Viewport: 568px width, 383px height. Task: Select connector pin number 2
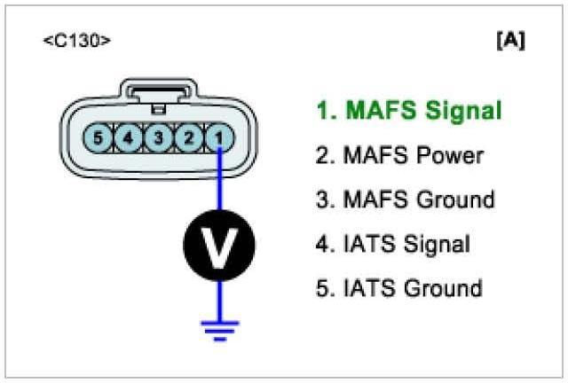[x=188, y=137]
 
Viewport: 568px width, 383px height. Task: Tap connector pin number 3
[x=158, y=137]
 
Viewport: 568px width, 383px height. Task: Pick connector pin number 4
[x=128, y=137]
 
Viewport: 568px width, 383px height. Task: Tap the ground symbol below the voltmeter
[x=218, y=331]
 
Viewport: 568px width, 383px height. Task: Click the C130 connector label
[x=77, y=42]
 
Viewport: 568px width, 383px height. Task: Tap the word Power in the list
[x=451, y=156]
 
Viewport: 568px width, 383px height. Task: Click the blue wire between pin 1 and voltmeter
[x=218, y=182]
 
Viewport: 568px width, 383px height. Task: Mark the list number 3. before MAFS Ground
[x=322, y=200]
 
